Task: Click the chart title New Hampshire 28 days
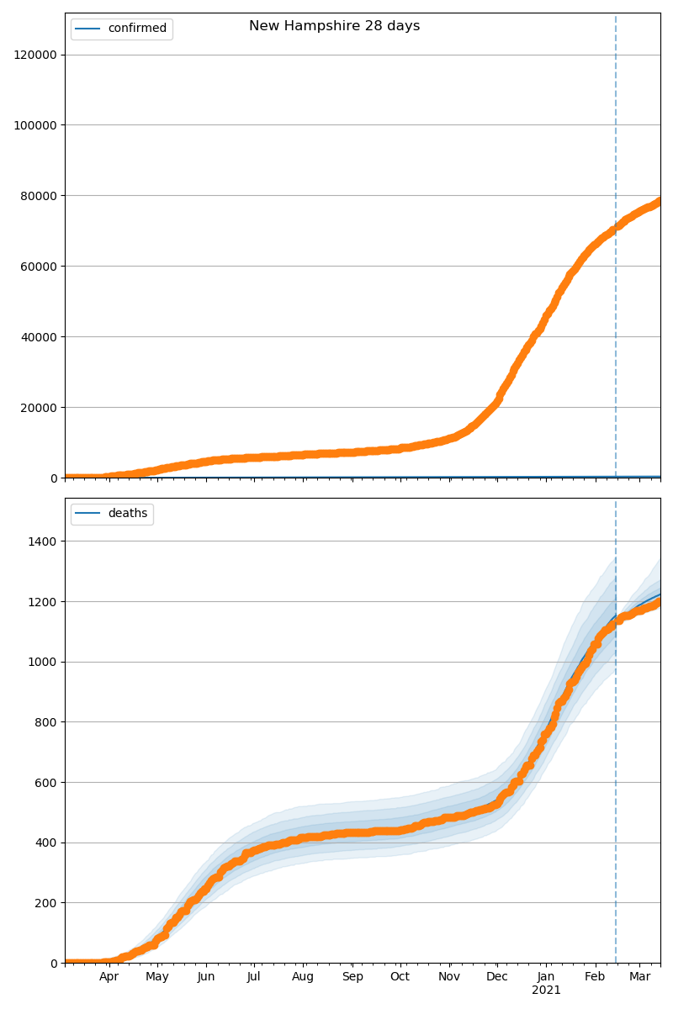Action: pyautogui.click(x=334, y=26)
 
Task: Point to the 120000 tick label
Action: pyautogui.click(x=36, y=55)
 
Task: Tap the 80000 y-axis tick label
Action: pyautogui.click(x=40, y=196)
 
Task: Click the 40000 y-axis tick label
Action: pyautogui.click(x=40, y=337)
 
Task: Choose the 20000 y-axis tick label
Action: pyautogui.click(x=40, y=408)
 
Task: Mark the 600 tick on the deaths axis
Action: pyautogui.click(x=46, y=783)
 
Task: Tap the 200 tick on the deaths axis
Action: pyautogui.click(x=46, y=903)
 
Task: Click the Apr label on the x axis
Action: pyautogui.click(x=109, y=977)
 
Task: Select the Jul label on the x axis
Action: pyautogui.click(x=254, y=977)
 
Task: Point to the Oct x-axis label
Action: pyautogui.click(x=400, y=977)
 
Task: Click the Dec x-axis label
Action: pyautogui.click(x=497, y=977)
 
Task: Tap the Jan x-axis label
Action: pyautogui.click(x=546, y=977)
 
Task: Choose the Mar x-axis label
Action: pyautogui.click(x=640, y=977)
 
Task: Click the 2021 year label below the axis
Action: pyautogui.click(x=546, y=991)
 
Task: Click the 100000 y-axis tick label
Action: pyautogui.click(x=36, y=125)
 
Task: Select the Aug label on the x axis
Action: pyautogui.click(x=303, y=977)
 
